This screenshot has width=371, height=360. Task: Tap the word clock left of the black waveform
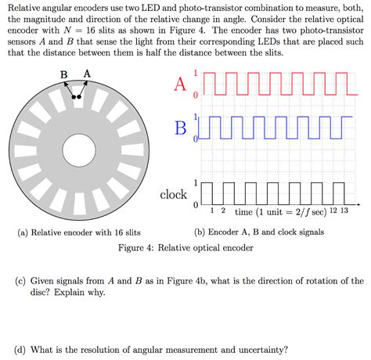(x=174, y=194)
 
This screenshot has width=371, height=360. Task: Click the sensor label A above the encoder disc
(x=86, y=74)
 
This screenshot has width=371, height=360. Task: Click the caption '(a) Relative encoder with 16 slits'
(x=79, y=232)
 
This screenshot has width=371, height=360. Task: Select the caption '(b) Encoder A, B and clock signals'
(x=259, y=232)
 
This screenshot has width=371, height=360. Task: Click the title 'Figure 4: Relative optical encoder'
(x=185, y=248)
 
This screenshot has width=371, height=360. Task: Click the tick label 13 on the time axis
(x=345, y=211)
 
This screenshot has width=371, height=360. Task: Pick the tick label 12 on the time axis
(x=334, y=211)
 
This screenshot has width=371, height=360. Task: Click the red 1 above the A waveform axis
(x=206, y=74)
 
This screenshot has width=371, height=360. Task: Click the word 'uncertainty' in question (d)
(x=261, y=349)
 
